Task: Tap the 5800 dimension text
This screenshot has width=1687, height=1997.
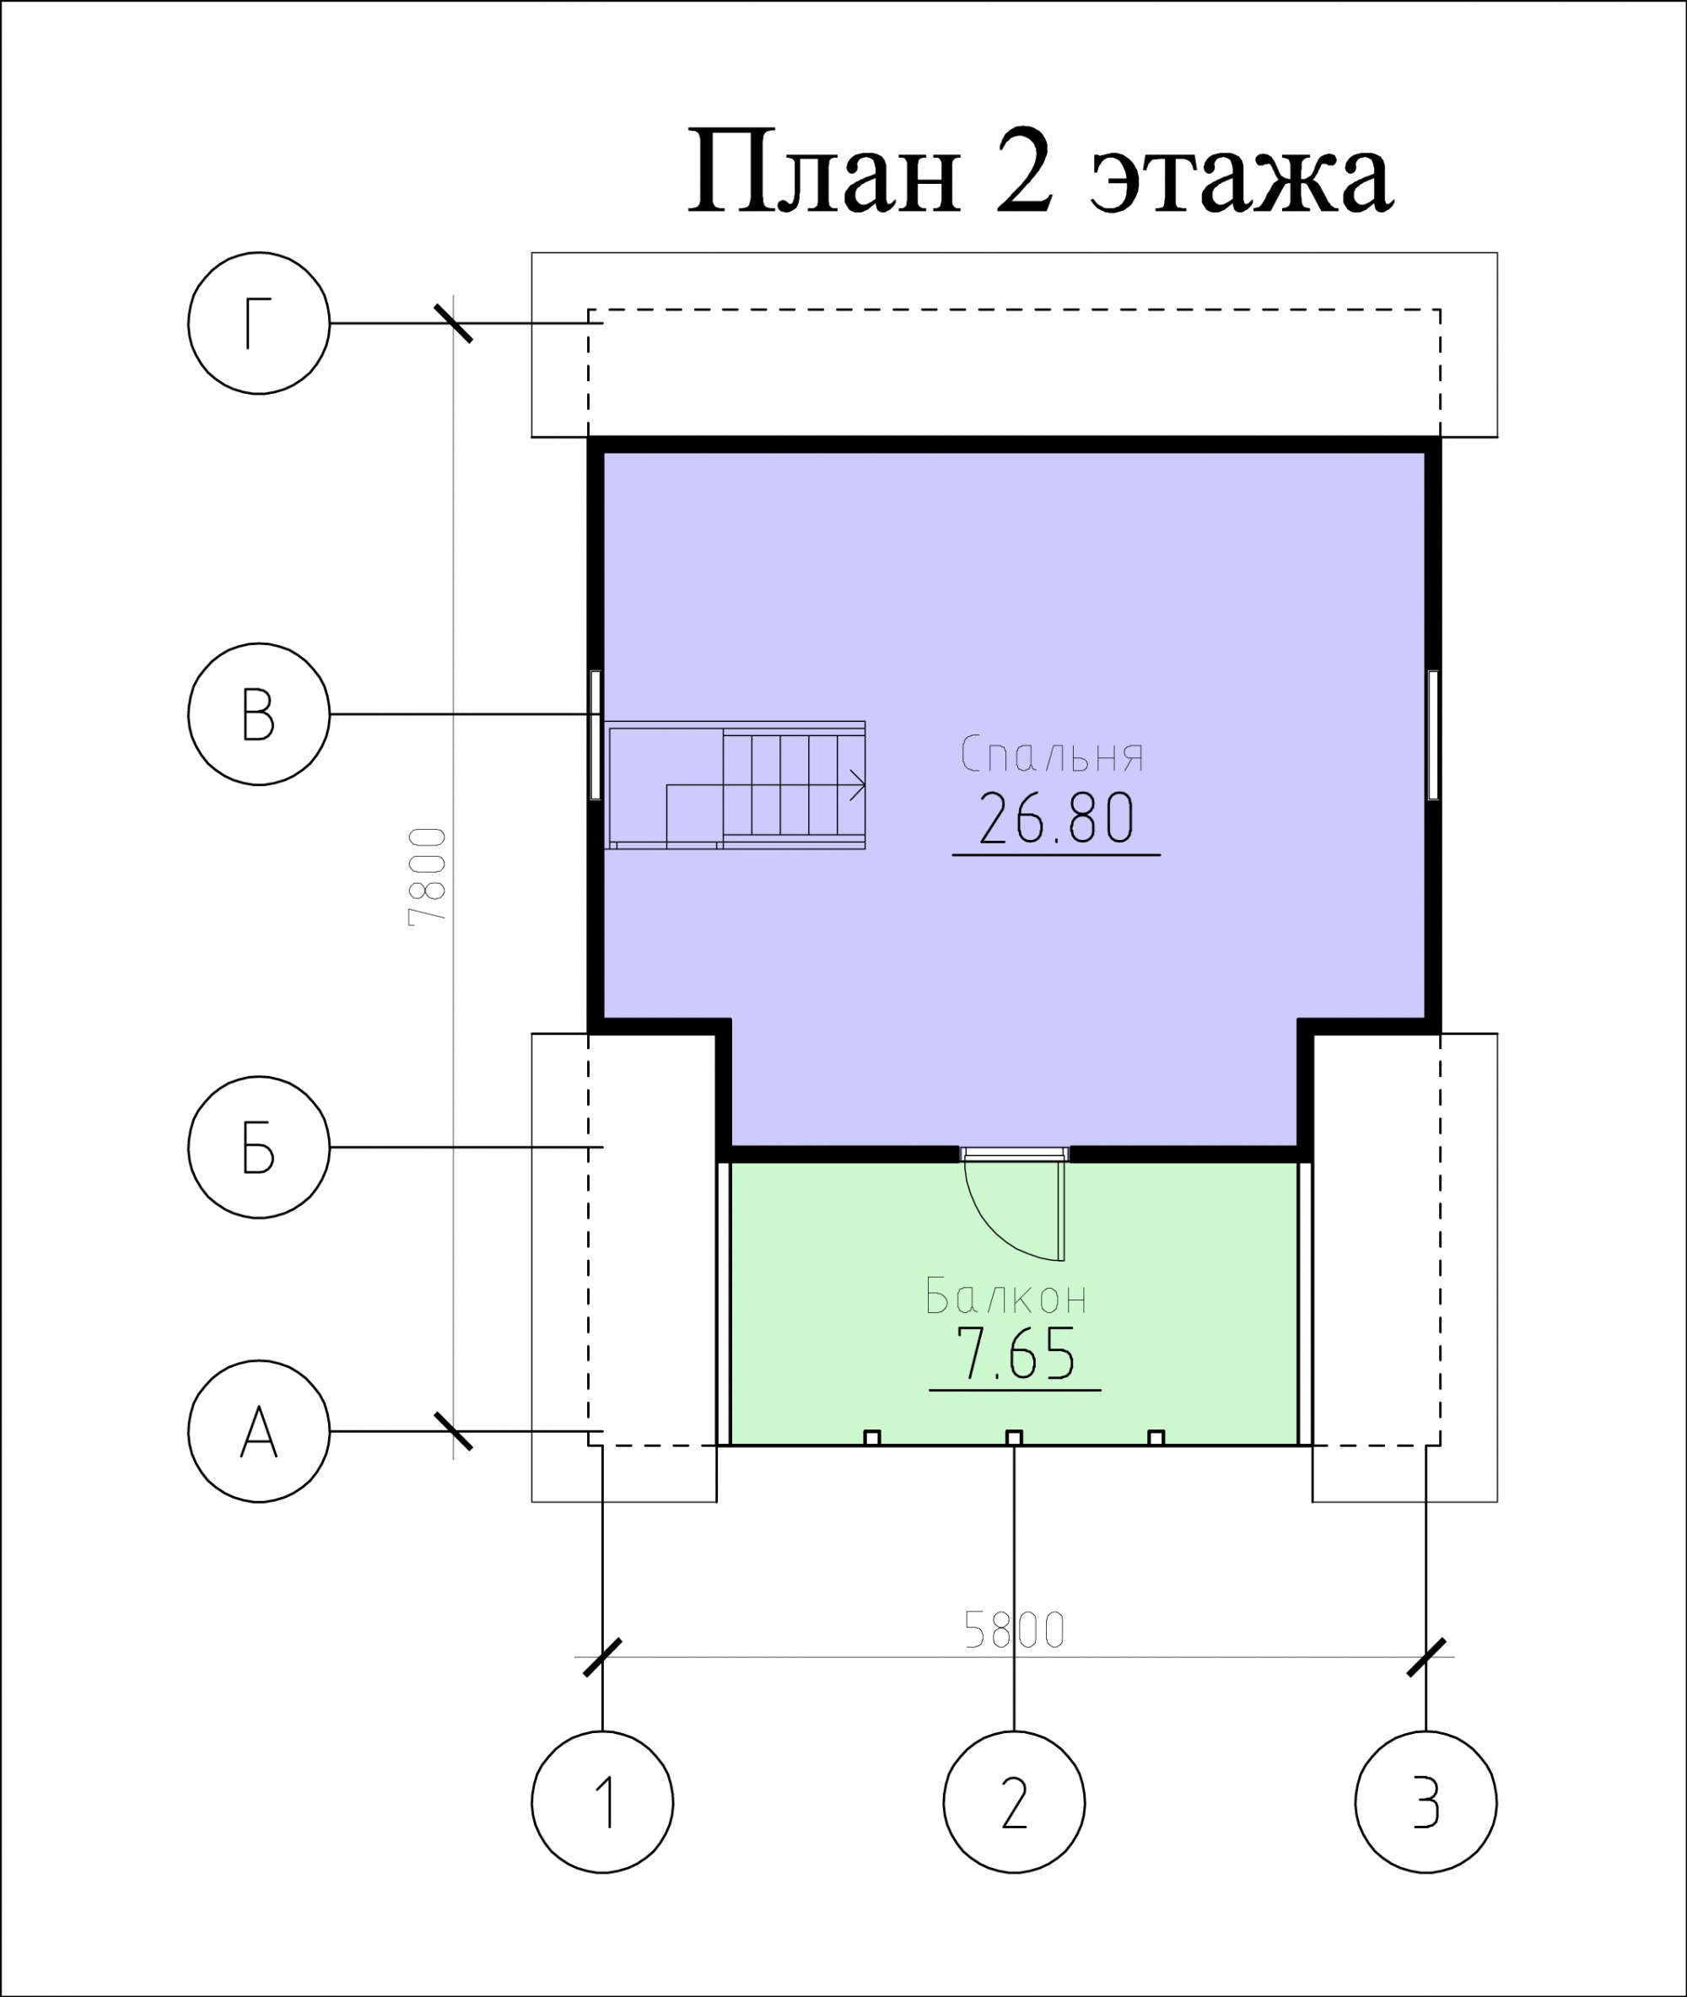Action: pyautogui.click(x=1014, y=1630)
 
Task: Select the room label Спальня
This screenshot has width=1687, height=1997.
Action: pyautogui.click(x=1052, y=754)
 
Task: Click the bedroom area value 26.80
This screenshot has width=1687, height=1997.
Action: pyautogui.click(x=1057, y=818)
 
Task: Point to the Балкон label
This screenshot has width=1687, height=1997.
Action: pyautogui.click(x=1006, y=1297)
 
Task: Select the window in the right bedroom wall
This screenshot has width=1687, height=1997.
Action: pyautogui.click(x=1432, y=735)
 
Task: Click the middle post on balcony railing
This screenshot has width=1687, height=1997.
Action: pyautogui.click(x=1014, y=1438)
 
